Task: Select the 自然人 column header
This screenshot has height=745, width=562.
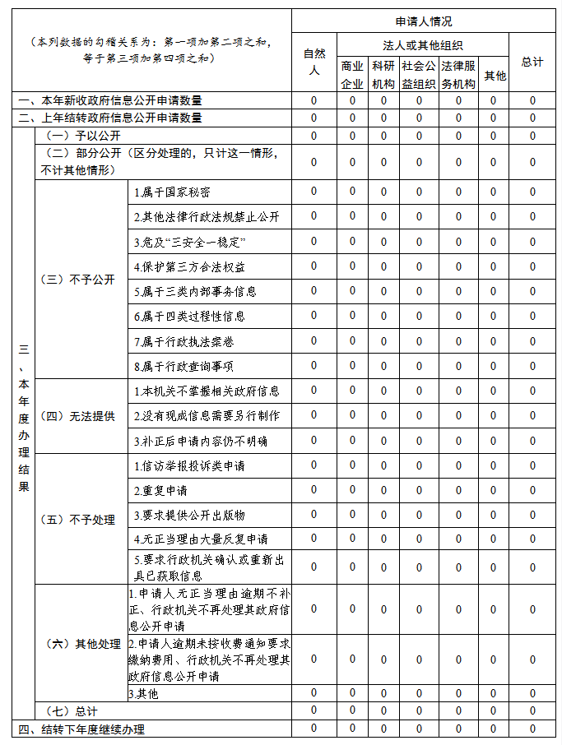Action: (x=313, y=62)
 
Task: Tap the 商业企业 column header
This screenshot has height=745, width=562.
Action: (x=352, y=74)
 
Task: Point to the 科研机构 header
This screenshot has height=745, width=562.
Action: (x=383, y=74)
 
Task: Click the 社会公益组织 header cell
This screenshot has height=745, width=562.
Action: (x=418, y=74)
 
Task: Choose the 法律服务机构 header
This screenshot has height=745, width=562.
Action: (x=458, y=74)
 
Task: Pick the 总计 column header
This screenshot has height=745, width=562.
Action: (x=532, y=62)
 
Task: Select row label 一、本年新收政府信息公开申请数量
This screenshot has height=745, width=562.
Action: (x=110, y=100)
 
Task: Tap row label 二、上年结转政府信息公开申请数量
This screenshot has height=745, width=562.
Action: (x=110, y=118)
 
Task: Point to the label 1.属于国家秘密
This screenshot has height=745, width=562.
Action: (x=172, y=192)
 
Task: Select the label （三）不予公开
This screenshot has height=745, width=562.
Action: (x=77, y=279)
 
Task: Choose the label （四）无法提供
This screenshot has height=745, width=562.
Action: (x=77, y=416)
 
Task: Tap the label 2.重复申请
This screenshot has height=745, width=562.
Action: (x=160, y=491)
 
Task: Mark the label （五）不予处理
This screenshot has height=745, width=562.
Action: (x=77, y=520)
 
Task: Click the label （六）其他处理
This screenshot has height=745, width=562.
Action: (x=81, y=643)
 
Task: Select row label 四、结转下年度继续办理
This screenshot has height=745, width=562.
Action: (x=82, y=729)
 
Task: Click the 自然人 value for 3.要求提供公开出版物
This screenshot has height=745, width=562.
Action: (x=313, y=515)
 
